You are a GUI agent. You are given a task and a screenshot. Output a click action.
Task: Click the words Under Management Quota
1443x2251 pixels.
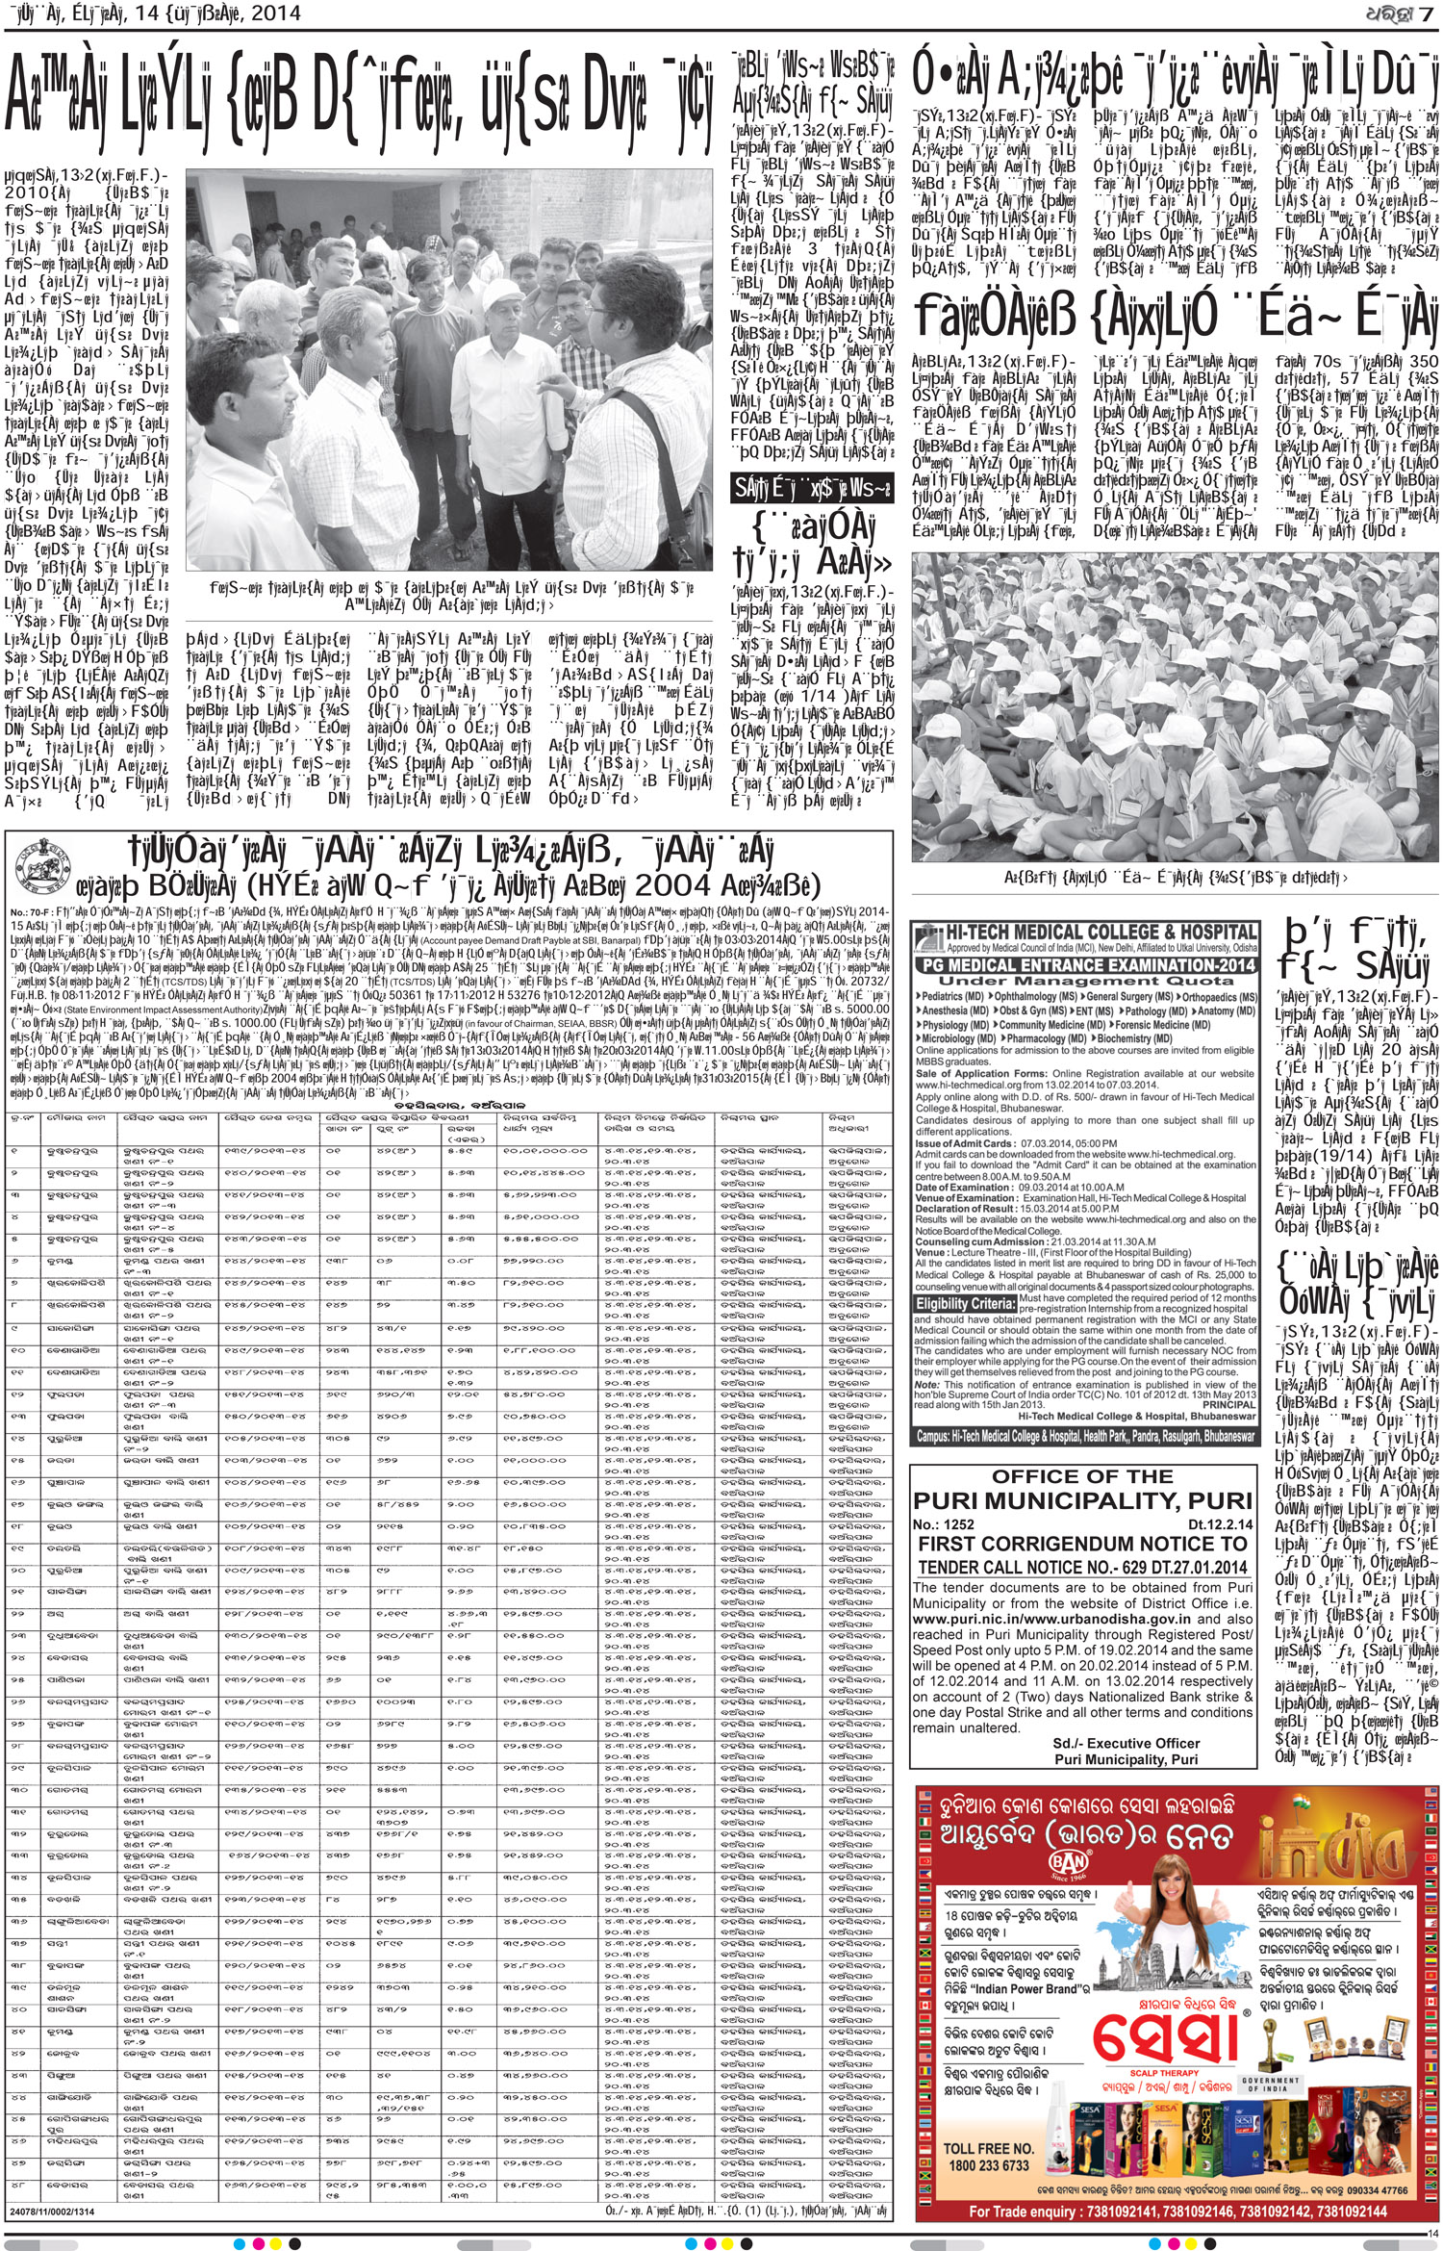(x=1083, y=979)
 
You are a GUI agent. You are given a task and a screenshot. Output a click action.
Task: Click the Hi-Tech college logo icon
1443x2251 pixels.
(x=929, y=934)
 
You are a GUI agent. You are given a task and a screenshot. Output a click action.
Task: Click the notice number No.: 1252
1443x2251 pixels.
(x=945, y=1524)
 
